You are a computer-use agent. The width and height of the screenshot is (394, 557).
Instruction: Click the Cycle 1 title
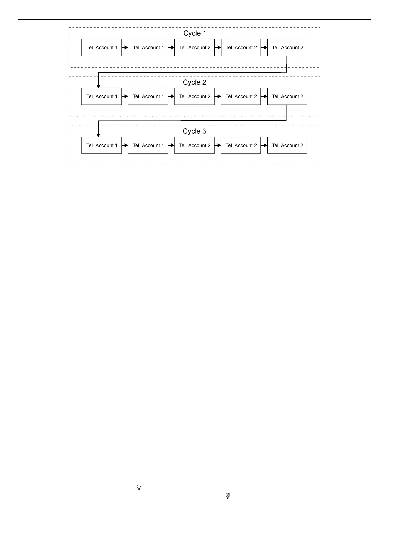click(x=195, y=33)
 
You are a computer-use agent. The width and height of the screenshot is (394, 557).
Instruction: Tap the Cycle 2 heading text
click(x=195, y=82)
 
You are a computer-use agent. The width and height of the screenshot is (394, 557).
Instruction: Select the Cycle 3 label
click(x=194, y=131)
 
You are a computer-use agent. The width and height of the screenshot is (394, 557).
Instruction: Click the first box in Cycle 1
click(x=102, y=48)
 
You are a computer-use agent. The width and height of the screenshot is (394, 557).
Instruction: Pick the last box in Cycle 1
click(x=287, y=48)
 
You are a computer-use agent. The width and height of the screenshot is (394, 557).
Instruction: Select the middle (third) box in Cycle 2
click(x=194, y=97)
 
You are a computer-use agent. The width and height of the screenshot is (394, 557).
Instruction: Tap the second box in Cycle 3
click(x=148, y=146)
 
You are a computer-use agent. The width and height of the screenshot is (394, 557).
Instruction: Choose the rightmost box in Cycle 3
click(x=287, y=146)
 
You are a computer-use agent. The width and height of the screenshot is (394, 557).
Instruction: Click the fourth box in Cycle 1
click(x=241, y=48)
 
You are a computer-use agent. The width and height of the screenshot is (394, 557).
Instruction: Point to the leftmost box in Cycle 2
click(x=102, y=97)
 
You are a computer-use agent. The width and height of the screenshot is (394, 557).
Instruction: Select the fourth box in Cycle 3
click(x=241, y=146)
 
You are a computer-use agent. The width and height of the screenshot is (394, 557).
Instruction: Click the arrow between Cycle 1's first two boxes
click(x=125, y=48)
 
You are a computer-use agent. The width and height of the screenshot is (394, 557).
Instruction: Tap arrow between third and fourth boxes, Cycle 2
click(x=218, y=97)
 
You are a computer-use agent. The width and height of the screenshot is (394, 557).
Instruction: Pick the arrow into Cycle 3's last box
click(x=264, y=146)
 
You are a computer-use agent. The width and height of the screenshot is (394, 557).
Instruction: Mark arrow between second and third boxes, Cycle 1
click(x=171, y=48)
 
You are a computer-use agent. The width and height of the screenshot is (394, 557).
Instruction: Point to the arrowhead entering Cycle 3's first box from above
click(x=98, y=135)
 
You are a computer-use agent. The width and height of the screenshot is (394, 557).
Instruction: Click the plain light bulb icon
click(x=139, y=487)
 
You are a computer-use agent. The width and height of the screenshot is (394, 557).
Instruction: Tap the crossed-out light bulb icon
click(x=228, y=496)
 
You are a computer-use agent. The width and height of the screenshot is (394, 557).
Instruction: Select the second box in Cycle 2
click(x=148, y=97)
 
